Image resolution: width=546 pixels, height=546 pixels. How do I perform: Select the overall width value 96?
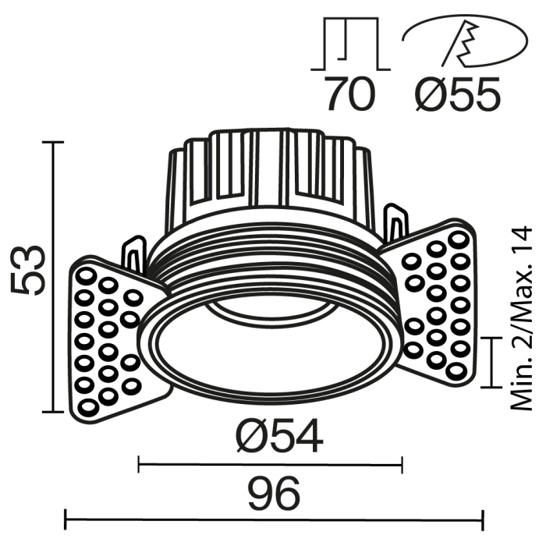pos(272,494)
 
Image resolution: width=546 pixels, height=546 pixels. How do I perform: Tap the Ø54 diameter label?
pos(277,438)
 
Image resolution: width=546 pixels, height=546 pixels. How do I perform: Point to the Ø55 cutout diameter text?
pos(456,96)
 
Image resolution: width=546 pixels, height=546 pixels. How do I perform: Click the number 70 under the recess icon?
pos(349,96)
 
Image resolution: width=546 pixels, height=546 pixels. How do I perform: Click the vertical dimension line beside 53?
pos(53,277)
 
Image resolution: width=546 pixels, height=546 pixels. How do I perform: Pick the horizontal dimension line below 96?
pos(273,517)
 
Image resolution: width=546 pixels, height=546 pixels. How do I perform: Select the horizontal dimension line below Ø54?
pos(270,466)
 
